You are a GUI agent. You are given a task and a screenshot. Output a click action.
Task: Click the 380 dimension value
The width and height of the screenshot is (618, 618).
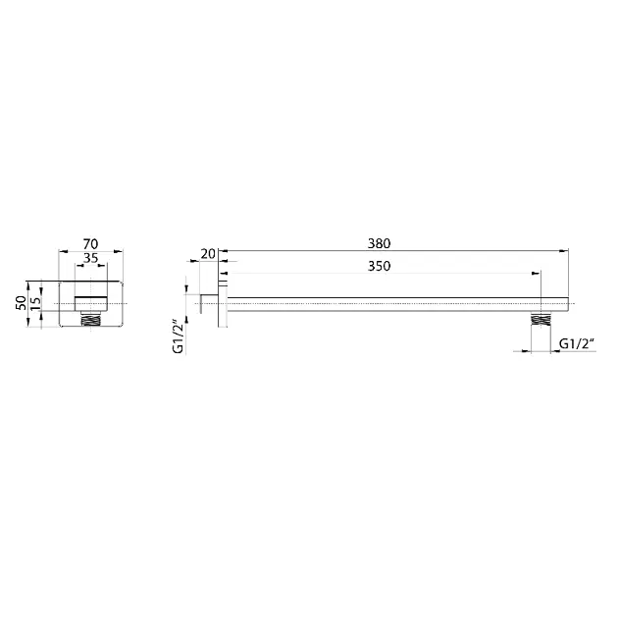pos(379,243)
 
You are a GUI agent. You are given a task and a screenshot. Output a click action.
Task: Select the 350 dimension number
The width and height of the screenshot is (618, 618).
pos(379,266)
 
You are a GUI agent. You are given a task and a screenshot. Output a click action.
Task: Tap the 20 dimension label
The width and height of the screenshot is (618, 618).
pos(208,254)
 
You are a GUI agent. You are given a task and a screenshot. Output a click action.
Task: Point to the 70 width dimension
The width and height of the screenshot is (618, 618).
pos(90,244)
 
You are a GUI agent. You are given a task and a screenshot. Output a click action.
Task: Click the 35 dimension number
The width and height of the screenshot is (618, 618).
pos(90,258)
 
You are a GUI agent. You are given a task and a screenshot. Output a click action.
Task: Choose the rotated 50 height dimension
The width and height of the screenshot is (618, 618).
pos(21,303)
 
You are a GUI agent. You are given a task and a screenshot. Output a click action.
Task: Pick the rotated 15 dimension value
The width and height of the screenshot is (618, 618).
pos(35,303)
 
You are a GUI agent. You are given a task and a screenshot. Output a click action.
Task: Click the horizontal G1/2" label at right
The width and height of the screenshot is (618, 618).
pos(577,344)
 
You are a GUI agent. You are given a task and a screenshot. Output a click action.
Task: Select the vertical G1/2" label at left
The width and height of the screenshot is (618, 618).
pos(179,337)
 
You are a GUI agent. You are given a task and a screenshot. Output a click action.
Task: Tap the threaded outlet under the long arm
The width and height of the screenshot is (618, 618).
pos(541,319)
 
